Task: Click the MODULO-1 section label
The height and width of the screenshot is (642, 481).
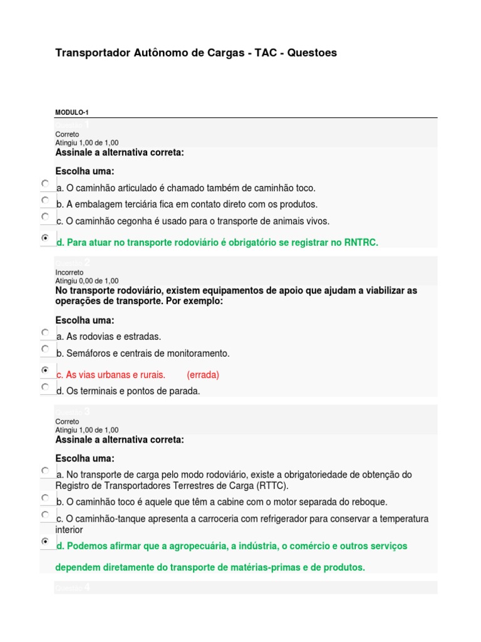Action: coord(72,113)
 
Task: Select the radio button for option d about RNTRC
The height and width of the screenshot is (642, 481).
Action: coord(45,238)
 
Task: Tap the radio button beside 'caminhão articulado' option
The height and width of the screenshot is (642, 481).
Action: coord(45,183)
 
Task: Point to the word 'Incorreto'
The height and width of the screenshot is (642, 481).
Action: coord(70,273)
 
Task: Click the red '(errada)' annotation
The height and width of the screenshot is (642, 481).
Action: coord(203,375)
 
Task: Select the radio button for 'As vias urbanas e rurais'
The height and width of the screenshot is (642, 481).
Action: coord(45,371)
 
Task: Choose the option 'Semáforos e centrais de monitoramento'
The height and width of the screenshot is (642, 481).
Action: coord(45,349)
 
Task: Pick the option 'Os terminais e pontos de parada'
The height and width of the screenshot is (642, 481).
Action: coord(45,387)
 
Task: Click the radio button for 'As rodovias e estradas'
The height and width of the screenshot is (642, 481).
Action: coord(45,332)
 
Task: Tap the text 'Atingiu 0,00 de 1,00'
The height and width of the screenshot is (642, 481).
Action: coord(86,282)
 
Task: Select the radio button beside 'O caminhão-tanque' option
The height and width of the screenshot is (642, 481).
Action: coord(45,514)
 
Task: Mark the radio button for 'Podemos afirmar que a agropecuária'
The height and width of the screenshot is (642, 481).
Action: coord(45,541)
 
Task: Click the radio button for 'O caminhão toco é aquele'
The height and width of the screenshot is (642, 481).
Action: coord(45,497)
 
